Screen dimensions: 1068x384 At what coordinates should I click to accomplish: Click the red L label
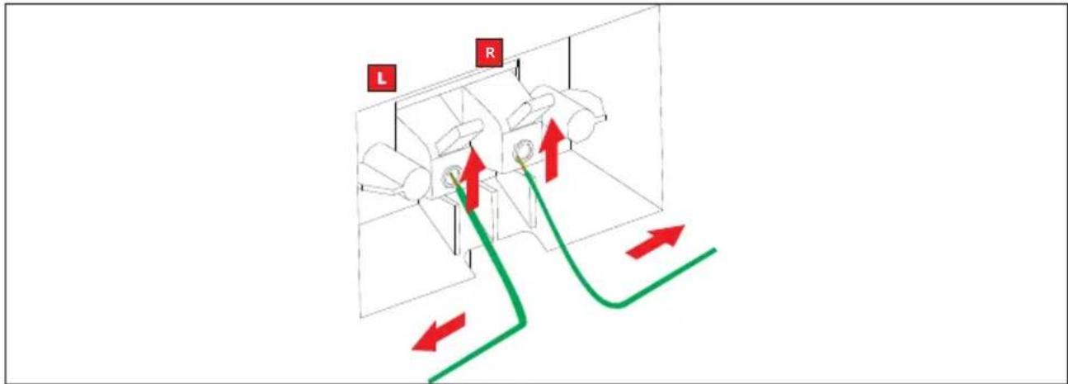[381, 78]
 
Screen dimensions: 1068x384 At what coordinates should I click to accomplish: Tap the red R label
[489, 53]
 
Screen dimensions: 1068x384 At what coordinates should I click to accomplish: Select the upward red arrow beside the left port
[473, 179]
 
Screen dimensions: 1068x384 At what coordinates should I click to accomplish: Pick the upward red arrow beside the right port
[552, 150]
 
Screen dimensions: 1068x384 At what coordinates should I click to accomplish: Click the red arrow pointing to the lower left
[438, 332]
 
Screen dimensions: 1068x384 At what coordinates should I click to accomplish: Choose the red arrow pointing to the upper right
[656, 241]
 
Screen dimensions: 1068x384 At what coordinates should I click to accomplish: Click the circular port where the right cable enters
[523, 151]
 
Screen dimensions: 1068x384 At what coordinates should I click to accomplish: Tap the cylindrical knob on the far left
[392, 171]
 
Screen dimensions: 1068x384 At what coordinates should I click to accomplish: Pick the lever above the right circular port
[530, 109]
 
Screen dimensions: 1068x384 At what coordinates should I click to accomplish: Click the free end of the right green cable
[714, 249]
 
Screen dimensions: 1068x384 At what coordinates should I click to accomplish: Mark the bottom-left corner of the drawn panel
[360, 317]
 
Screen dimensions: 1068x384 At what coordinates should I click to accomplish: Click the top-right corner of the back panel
[660, 7]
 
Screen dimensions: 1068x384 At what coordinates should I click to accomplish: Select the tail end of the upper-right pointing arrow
[630, 255]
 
